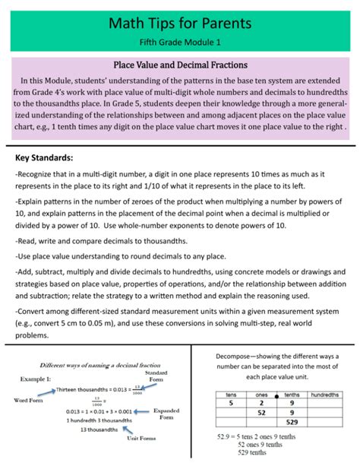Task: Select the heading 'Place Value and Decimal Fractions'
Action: pos(179,65)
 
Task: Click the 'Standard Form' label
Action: pos(156,377)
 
